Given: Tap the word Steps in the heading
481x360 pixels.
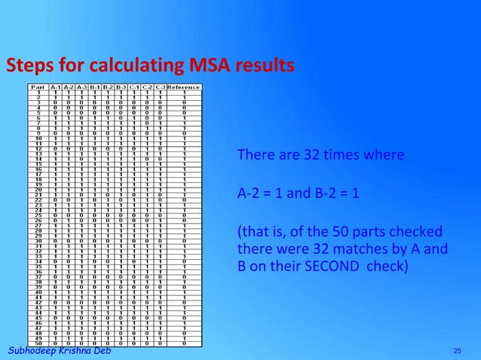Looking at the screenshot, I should pos(29,66).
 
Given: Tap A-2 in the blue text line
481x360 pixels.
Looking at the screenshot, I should pos(250,193).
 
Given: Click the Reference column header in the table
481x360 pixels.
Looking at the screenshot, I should pos(184,87).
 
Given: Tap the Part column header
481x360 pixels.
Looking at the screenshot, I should pos(37,87).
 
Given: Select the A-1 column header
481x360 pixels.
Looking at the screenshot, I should pos(55,87).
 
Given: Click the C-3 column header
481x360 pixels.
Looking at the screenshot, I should pos(160,87).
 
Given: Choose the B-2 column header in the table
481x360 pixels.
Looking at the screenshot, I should pos(108,87).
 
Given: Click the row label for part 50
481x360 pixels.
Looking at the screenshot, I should pos(37,344).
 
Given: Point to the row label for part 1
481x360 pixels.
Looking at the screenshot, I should pos(37,92).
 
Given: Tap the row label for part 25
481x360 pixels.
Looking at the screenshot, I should pos(37,215).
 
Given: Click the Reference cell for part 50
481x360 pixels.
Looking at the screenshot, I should pos(184,344).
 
